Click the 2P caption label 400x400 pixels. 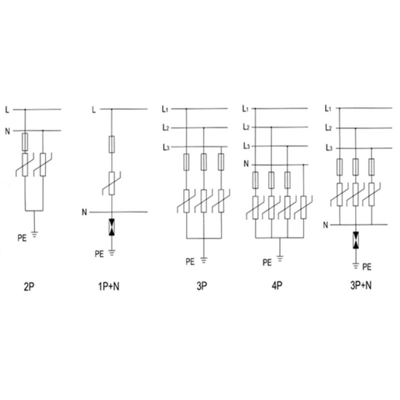click(x=29, y=287)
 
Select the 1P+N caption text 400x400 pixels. click(x=109, y=287)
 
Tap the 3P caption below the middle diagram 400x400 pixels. click(x=202, y=286)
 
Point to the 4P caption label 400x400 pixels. click(x=277, y=286)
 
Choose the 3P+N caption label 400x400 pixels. click(x=361, y=285)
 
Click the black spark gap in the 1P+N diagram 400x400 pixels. click(x=112, y=227)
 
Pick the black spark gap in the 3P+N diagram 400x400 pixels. click(x=356, y=240)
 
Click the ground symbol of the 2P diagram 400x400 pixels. click(x=34, y=234)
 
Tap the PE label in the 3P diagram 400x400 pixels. click(x=190, y=262)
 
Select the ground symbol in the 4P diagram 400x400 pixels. click(x=280, y=259)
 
